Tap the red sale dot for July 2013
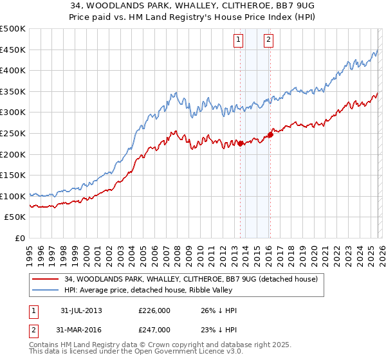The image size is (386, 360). point(240,143)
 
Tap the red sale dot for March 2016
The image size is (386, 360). point(270,134)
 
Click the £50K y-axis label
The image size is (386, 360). point(15,217)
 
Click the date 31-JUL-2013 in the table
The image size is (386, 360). point(81,310)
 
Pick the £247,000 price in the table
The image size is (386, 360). point(154,329)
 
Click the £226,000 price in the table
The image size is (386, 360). point(154,310)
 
